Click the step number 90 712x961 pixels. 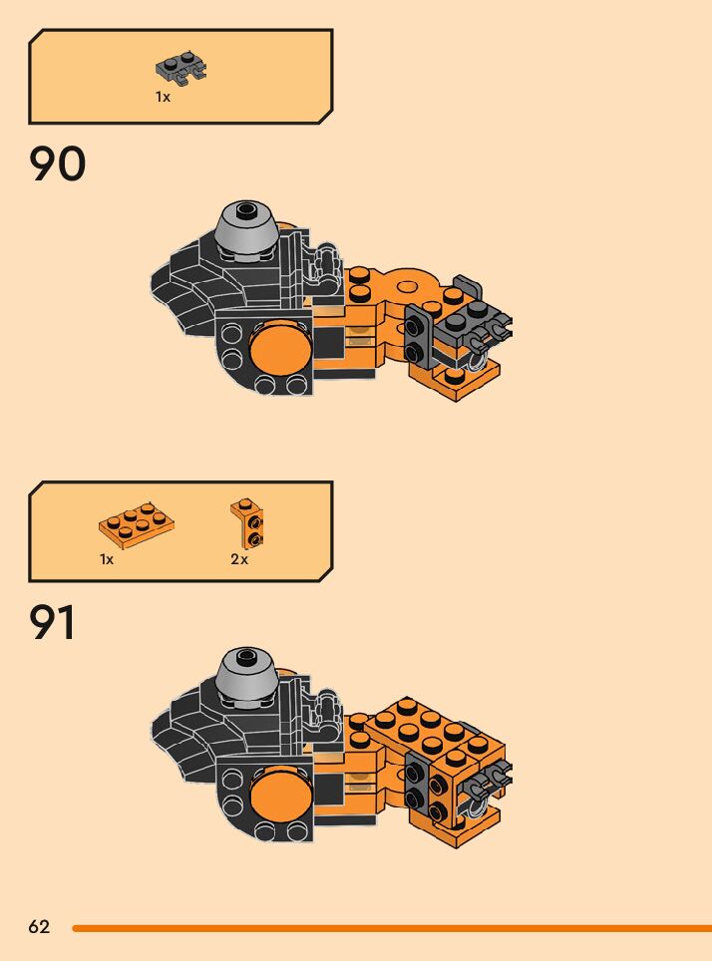coord(58,164)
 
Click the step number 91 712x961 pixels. coord(54,623)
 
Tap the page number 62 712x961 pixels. coord(39,927)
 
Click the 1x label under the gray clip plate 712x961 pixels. coord(163,97)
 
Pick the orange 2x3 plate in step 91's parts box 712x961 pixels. coord(138,525)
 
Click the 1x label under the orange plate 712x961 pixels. coord(107,559)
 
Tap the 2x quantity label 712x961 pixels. coord(239,559)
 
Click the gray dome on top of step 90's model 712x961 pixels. coord(246,227)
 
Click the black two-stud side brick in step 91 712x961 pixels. coord(419,784)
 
